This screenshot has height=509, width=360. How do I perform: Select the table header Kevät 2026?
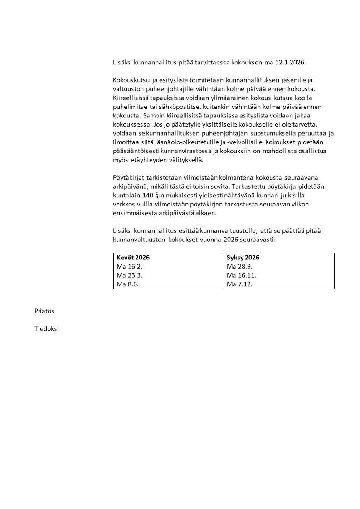pyautogui.click(x=133, y=257)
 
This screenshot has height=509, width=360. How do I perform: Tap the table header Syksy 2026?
pyautogui.click(x=243, y=257)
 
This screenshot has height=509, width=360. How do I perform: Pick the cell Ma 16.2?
pyautogui.click(x=126, y=266)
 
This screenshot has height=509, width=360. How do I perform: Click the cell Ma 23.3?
pyautogui.click(x=126, y=275)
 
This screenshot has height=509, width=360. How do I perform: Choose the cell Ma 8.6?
pyautogui.click(x=124, y=284)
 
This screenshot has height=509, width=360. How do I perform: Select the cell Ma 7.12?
pyautogui.click(x=236, y=284)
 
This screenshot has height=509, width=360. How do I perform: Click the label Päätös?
pyautogui.click(x=44, y=311)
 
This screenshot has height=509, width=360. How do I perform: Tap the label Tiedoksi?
pyautogui.click(x=47, y=329)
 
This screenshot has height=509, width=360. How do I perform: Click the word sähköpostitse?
pyautogui.click(x=157, y=107)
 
